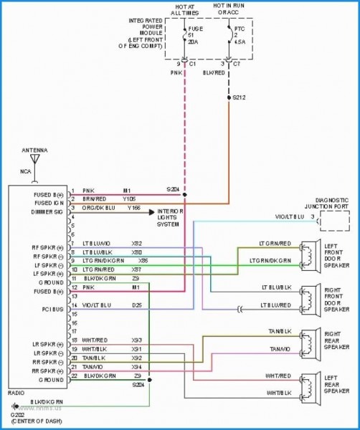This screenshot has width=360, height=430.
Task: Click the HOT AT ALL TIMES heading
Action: pyautogui.click(x=185, y=9)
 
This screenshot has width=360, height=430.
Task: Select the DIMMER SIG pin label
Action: pyautogui.click(x=47, y=212)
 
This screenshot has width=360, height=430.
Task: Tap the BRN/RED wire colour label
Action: pyautogui.click(x=93, y=199)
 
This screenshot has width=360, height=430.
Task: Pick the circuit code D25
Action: pyautogui.click(x=136, y=305)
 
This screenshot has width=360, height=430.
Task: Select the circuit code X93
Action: pyautogui.click(x=136, y=339)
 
